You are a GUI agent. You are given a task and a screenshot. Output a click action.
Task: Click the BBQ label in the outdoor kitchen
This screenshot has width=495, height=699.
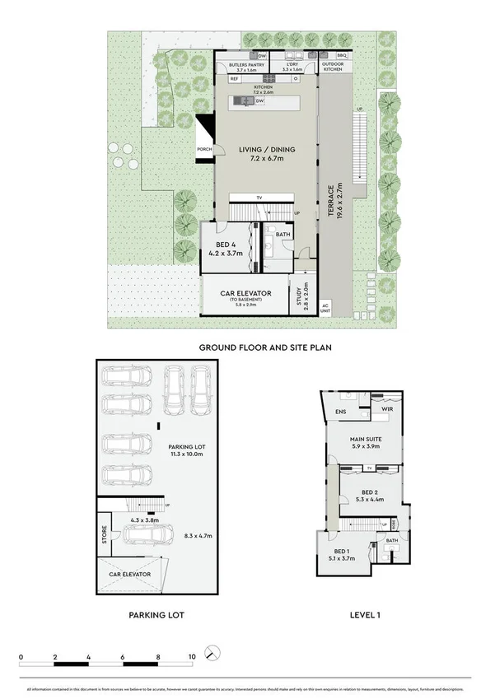point(343,55)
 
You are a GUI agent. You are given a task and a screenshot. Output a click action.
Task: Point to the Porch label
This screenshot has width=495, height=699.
point(204,149)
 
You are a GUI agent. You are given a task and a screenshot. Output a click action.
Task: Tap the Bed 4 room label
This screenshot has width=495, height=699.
point(225,249)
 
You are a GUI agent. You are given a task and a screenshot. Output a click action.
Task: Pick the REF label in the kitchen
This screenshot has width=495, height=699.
point(222,79)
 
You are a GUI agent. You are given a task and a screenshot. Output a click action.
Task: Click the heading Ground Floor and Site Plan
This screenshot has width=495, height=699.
point(259,348)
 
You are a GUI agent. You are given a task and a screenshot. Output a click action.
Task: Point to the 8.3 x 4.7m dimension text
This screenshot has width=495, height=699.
point(197,536)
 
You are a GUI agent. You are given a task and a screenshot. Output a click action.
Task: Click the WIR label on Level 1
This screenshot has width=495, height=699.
point(385,408)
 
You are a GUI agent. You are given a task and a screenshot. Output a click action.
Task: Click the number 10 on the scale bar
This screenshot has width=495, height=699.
point(192,657)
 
